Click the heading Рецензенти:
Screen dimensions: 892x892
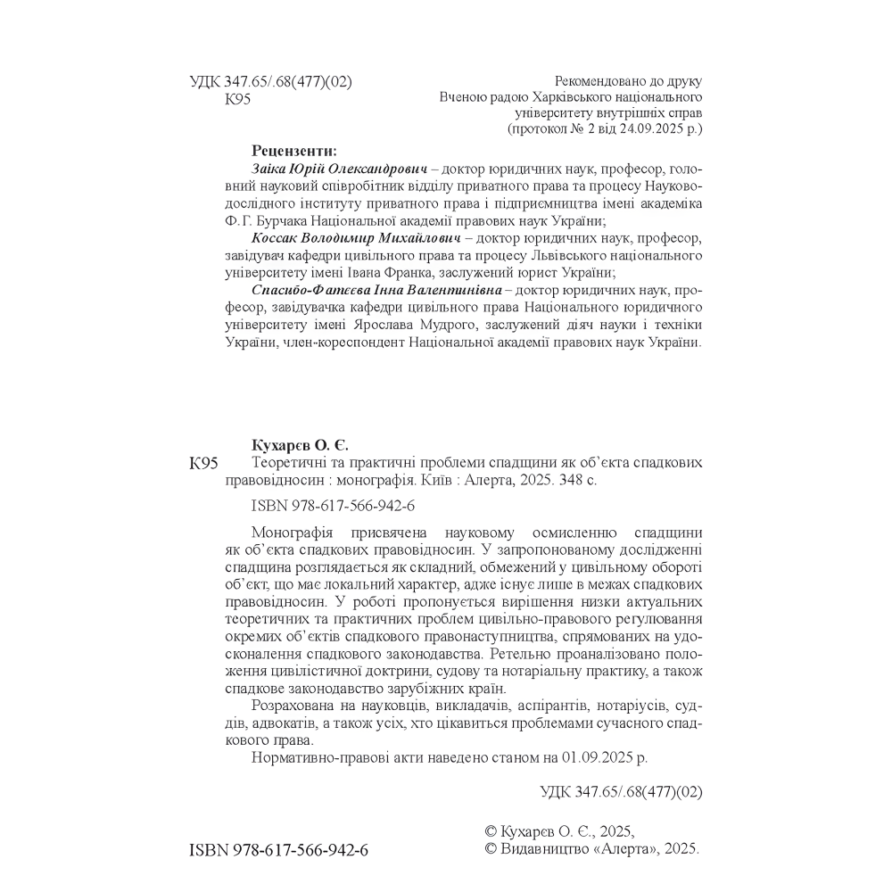click(x=294, y=150)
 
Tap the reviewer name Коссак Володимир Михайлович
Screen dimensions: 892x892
click(x=355, y=239)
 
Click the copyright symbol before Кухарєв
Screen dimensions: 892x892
click(x=488, y=831)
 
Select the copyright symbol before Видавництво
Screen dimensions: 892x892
click(x=488, y=850)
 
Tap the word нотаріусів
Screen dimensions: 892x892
click(x=626, y=706)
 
